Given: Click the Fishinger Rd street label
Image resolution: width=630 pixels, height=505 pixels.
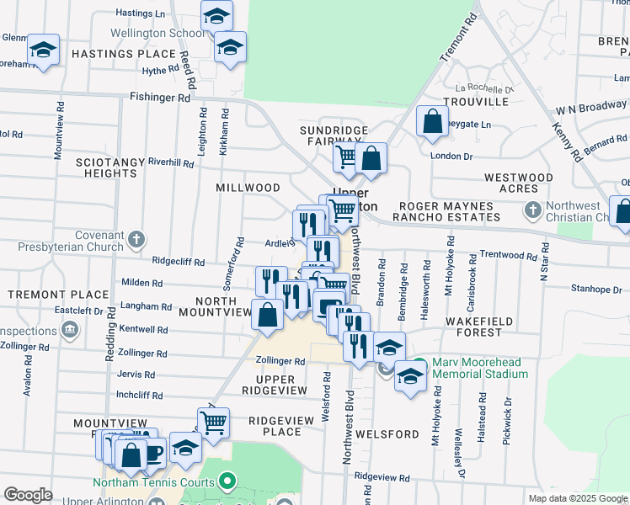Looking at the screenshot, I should point(160,98).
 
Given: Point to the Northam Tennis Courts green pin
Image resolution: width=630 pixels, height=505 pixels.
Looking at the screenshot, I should point(226,482).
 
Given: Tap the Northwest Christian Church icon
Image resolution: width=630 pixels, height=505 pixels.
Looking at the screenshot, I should point(531,209).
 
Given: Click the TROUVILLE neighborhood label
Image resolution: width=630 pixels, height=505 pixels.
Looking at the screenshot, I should point(477,102).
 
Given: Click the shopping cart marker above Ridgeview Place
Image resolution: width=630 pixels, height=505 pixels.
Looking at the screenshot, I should point(214,423).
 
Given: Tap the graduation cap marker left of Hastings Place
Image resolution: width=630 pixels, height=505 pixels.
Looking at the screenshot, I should point(43,50).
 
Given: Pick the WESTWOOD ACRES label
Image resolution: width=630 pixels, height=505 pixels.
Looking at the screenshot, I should point(519,183).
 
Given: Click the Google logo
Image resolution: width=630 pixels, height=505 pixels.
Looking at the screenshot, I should point(28,495).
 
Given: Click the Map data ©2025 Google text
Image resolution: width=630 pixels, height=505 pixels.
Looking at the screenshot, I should point(577,498).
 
